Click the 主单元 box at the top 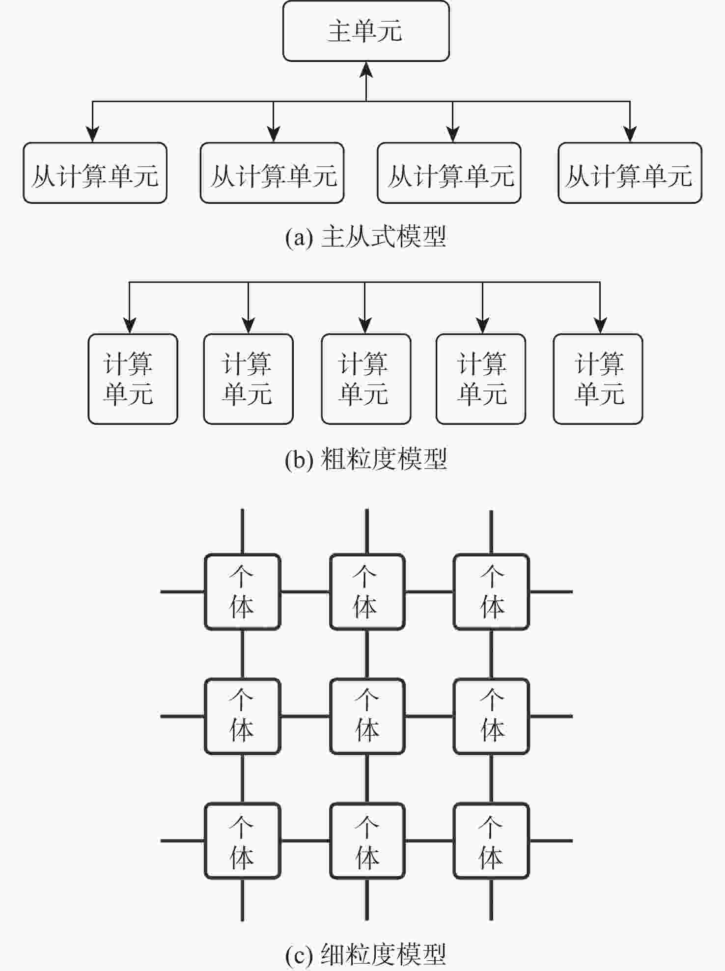tap(366, 31)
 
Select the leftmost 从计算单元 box tap(95, 173)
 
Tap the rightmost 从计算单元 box tap(630, 173)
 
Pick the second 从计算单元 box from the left tap(272, 173)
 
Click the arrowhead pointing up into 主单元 tap(366, 69)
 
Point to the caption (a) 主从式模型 tap(366, 237)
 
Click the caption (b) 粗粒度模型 tap(366, 459)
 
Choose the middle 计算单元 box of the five tap(366, 379)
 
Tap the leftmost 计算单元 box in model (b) tap(133, 379)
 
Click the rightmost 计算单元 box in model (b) tap(598, 379)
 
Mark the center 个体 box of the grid tap(367, 716)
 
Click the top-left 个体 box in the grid tap(242, 592)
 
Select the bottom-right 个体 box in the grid tap(491, 840)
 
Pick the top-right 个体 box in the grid tap(491, 592)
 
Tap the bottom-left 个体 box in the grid tap(242, 840)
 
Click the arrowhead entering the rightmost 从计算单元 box tap(630, 134)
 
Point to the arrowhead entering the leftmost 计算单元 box tap(130, 325)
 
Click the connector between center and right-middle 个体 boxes tap(429, 716)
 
